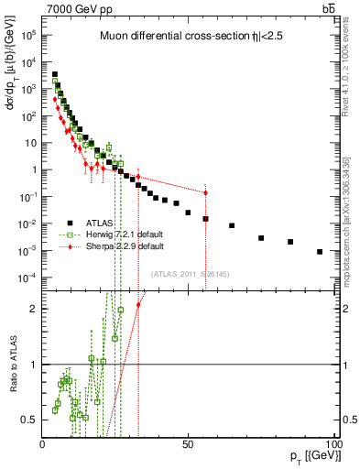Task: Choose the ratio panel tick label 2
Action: pyautogui.click(x=33, y=309)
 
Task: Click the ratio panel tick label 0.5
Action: pyautogui.click(x=29, y=420)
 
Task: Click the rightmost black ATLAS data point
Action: pyautogui.click(x=320, y=252)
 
